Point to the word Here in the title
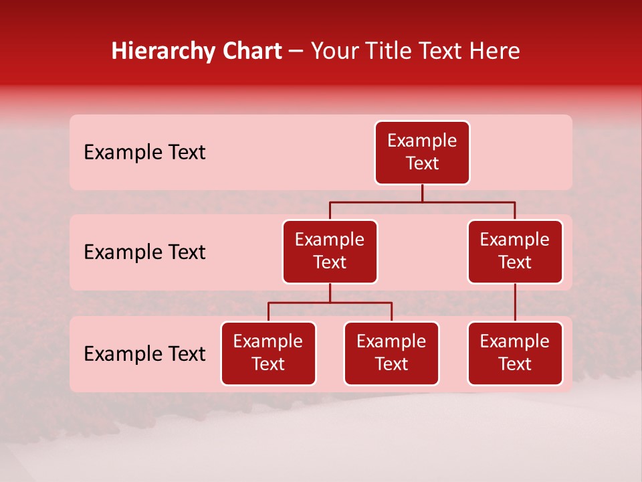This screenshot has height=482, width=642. coord(496,52)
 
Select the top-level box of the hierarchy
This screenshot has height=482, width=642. coord(422,153)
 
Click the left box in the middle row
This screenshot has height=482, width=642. coord(330,252)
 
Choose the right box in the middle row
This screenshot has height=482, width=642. coord(515,252)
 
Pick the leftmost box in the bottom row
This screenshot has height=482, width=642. coord(268,353)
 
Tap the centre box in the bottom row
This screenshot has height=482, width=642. coord(391,353)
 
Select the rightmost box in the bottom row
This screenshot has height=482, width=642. coord(515,353)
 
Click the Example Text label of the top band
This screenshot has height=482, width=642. coord(144,153)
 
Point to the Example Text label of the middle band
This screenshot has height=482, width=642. coord(144,252)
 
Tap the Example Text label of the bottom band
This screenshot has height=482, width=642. coord(144,354)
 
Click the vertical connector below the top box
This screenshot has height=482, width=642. coord(422,193)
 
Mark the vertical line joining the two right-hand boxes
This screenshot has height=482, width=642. coord(515,303)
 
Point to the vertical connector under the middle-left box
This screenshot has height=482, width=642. coord(330,293)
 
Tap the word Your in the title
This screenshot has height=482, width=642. coord(334,52)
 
